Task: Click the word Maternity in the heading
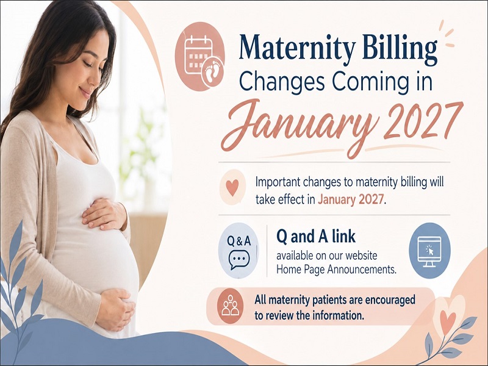(x=297, y=48)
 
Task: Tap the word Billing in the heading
(x=400, y=48)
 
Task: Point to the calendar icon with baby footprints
(x=200, y=56)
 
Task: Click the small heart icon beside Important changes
(x=232, y=187)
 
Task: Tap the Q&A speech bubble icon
(x=239, y=251)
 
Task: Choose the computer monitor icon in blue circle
(x=429, y=251)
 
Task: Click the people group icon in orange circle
(x=231, y=306)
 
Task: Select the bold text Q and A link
(x=315, y=237)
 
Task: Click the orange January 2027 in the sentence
(x=350, y=199)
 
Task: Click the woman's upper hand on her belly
(x=104, y=214)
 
